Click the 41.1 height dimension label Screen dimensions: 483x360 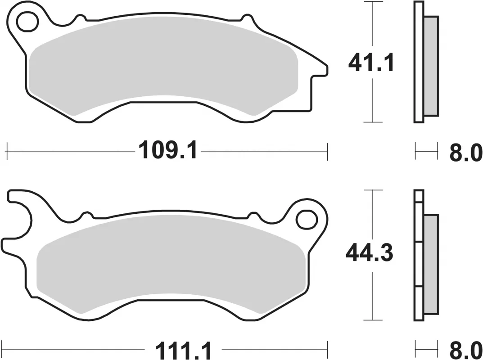tap(371, 63)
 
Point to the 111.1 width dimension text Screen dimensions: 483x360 tap(184, 350)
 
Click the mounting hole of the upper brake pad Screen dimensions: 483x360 tap(28, 22)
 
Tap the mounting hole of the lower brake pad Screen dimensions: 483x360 tap(307, 220)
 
